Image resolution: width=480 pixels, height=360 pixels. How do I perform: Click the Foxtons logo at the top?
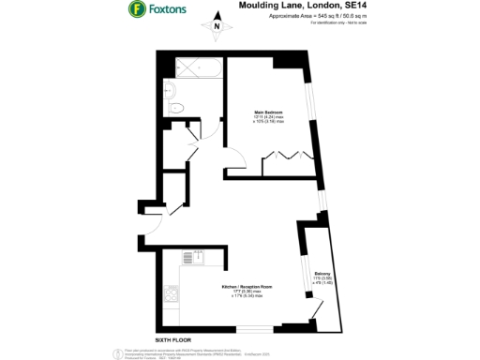161,11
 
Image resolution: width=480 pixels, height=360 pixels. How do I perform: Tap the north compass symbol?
217,26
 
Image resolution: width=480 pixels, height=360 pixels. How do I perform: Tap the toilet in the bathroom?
178,110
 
